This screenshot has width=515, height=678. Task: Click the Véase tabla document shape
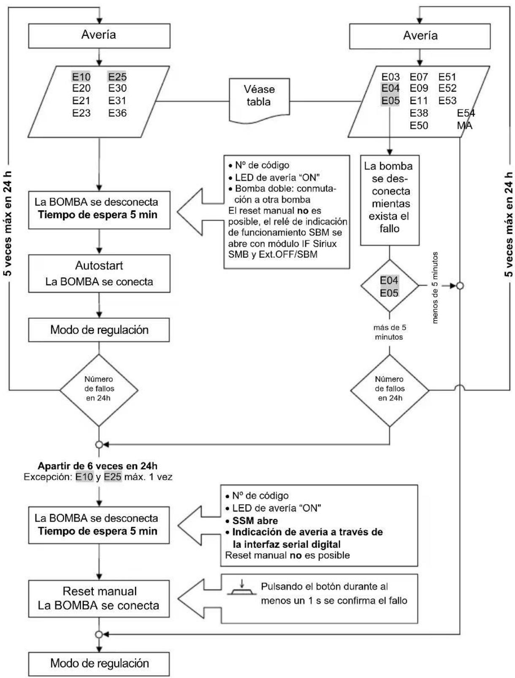[x=259, y=96]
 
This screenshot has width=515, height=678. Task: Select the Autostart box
[x=99, y=273]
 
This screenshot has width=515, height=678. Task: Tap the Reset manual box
[x=99, y=598]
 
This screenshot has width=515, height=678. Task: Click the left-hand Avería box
[x=99, y=36]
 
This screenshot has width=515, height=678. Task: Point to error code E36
[x=117, y=113]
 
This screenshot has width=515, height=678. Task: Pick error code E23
[x=81, y=113]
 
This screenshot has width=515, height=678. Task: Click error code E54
[x=466, y=113]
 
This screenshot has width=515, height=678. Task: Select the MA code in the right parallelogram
[x=464, y=126]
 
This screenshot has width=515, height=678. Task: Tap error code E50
[x=419, y=126]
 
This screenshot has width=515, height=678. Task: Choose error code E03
[x=390, y=77]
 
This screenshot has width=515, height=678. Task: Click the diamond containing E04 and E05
[x=389, y=286]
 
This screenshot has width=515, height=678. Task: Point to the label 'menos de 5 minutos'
[x=435, y=287]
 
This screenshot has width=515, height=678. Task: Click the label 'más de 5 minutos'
[x=389, y=332]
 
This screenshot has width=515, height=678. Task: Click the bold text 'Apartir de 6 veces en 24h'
[x=98, y=466]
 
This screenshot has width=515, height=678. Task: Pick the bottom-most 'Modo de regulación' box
[x=99, y=663]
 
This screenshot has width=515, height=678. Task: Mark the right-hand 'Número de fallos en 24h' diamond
[x=390, y=389]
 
